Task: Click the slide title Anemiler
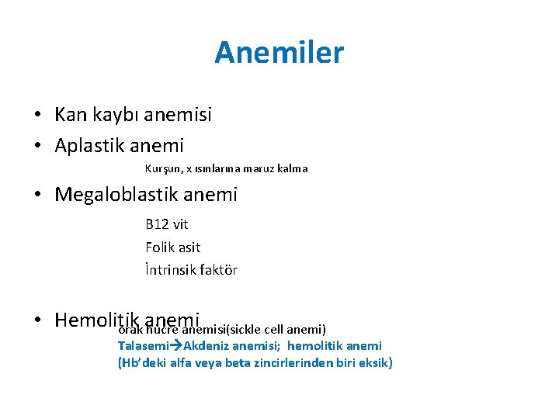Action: tap(279, 53)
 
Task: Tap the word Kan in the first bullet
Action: tap(71, 116)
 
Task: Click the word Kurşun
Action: tap(161, 168)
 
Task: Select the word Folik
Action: tap(161, 248)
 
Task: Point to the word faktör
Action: tap(221, 270)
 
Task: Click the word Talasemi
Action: tap(143, 346)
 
